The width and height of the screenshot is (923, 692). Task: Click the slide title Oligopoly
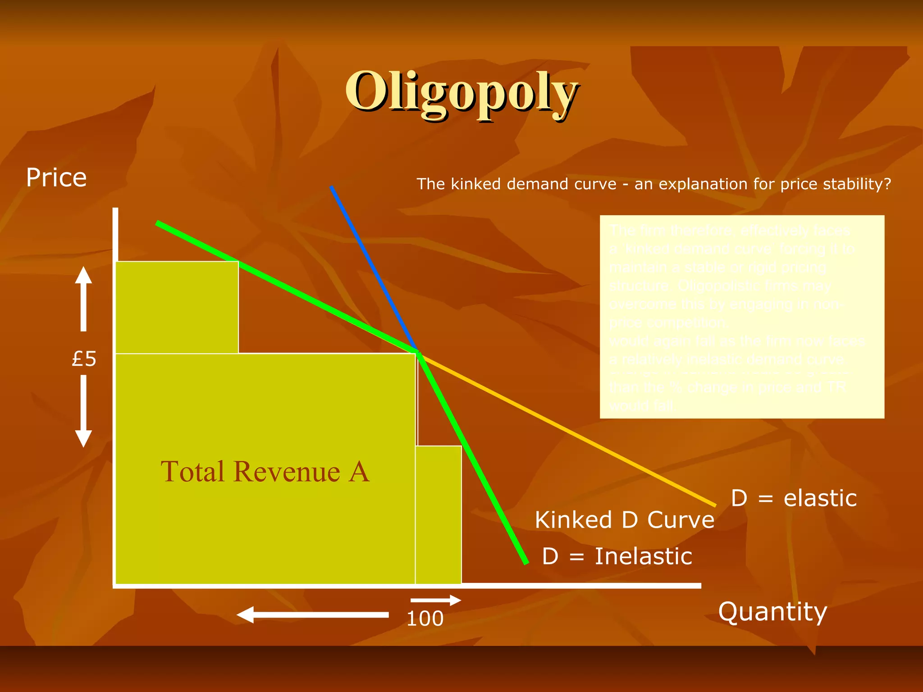(x=461, y=92)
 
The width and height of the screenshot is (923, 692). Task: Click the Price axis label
(x=56, y=178)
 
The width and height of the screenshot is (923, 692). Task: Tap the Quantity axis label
(x=772, y=612)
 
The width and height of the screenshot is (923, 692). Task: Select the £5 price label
(x=84, y=359)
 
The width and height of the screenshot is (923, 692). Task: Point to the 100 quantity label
(x=425, y=619)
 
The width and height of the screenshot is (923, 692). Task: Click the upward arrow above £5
(x=83, y=298)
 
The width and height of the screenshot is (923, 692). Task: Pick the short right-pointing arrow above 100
(x=435, y=600)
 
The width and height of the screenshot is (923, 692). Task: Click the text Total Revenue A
(x=265, y=472)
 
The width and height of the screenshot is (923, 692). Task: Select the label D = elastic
(x=794, y=498)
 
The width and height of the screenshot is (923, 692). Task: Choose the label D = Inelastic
(x=617, y=556)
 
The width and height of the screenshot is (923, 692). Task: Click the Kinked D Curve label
(x=625, y=520)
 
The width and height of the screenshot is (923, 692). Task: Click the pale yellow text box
(x=742, y=317)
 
